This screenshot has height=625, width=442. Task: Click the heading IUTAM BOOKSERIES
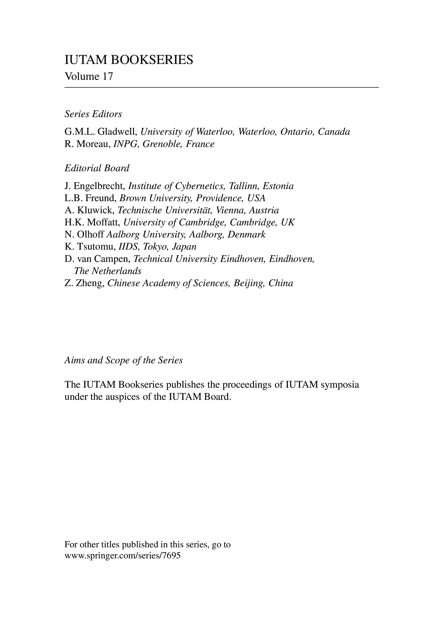pos(129,60)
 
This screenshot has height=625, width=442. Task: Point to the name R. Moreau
pos(87,144)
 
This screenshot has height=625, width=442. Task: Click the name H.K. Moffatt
pos(92,223)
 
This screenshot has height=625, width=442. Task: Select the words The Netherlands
pos(108,271)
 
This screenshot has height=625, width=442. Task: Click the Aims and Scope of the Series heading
pos(123,360)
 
